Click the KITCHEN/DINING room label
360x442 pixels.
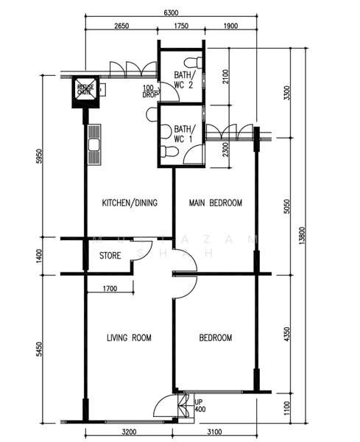click(131, 203)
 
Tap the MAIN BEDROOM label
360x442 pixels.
click(215, 203)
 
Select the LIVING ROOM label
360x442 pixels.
click(129, 338)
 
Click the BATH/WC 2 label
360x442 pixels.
click(184, 80)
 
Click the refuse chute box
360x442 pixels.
click(85, 91)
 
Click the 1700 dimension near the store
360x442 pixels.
click(109, 287)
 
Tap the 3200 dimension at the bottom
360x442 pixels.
click(130, 433)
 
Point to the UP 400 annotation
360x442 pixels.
click(200, 405)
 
